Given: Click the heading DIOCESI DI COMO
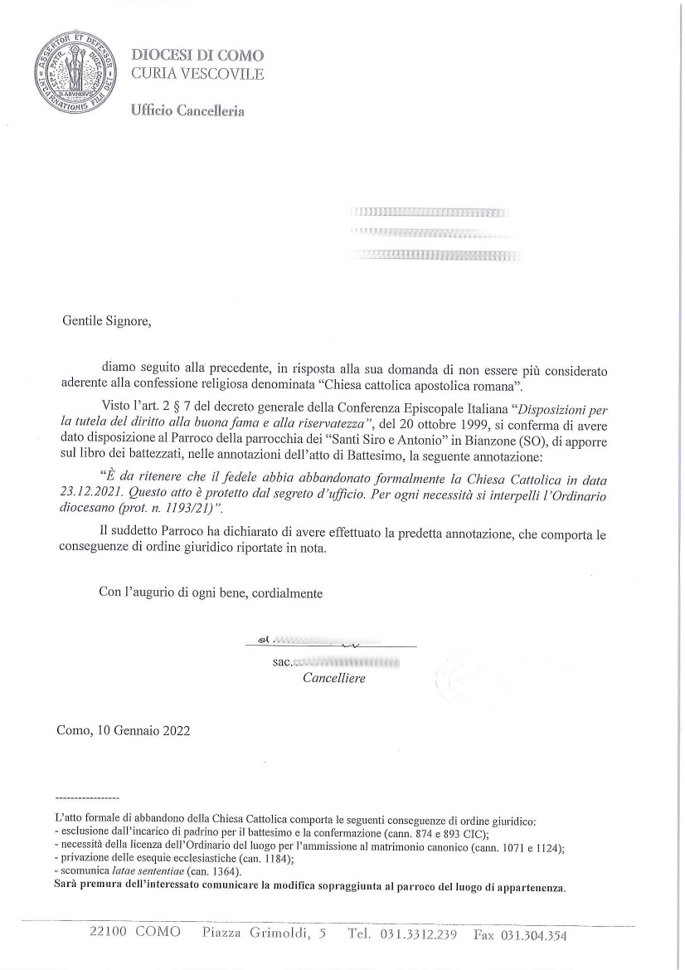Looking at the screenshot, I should (x=197, y=56).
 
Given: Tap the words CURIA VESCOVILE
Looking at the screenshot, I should (x=197, y=74).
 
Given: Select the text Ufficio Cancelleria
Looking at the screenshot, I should (x=187, y=111).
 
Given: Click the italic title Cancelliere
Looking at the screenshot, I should (x=333, y=678).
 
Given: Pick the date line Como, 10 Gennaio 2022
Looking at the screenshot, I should (x=124, y=731).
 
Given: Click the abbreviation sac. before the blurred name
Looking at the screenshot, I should (x=282, y=663).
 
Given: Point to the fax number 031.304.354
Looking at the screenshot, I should (x=531, y=935).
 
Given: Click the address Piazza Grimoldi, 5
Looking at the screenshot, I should (x=264, y=933).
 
